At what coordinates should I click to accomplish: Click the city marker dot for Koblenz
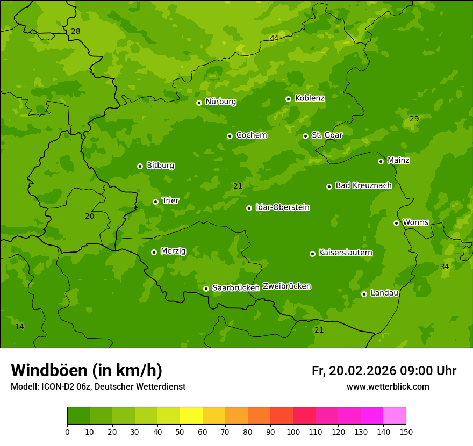[289, 99]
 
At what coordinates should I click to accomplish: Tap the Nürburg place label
[220, 102]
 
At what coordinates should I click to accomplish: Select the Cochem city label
[251, 135]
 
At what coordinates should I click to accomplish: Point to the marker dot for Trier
[156, 202]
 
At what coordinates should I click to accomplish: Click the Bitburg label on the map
[160, 166]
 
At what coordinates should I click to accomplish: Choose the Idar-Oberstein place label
[282, 207]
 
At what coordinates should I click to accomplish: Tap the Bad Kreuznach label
[363, 185]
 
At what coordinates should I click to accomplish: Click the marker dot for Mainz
[381, 161]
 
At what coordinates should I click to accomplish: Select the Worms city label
[415, 222]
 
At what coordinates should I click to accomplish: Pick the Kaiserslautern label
[346, 253]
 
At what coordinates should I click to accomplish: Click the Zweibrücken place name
[286, 286]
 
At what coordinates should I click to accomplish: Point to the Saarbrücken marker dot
[206, 289]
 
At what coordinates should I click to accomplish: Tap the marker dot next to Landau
[364, 294]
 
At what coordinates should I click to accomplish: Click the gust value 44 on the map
[274, 38]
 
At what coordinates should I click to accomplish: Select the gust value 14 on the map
[19, 327]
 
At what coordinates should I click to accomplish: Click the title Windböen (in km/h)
[87, 370]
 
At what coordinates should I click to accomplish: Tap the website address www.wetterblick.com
[388, 387]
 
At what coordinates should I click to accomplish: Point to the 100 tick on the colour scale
[293, 431]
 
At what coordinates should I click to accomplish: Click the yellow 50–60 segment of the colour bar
[191, 416]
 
